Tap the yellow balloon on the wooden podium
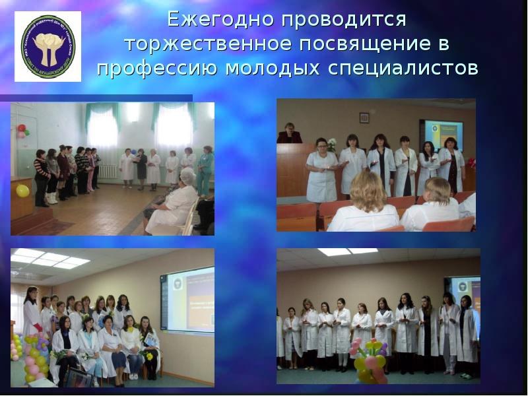tap(22, 191)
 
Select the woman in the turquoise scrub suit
tap(205, 170)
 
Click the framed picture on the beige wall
tap(364, 117)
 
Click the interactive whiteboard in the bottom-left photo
tap(188, 298)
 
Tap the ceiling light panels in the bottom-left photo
tap(49, 259)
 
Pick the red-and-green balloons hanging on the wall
tap(22, 131)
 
